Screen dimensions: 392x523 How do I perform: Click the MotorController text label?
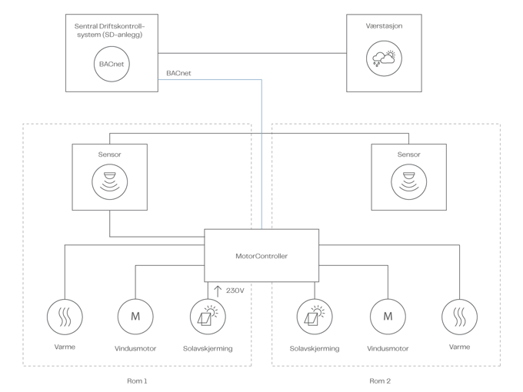pos(261,255)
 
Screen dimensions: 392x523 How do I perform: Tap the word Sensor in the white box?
pos(110,154)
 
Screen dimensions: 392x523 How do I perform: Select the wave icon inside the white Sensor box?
pos(110,181)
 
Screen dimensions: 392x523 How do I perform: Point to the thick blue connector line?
pos(262,154)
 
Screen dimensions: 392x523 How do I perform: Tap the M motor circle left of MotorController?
pos(135,316)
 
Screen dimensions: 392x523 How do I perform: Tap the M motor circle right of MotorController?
pos(388,316)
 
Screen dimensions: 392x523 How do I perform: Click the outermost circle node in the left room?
pos(64,316)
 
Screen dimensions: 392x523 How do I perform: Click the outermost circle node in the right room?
pos(459,316)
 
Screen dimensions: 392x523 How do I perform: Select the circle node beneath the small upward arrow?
pos(208,316)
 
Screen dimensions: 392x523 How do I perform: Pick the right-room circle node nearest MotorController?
pos(315,316)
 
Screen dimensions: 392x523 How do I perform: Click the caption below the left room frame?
pos(136,380)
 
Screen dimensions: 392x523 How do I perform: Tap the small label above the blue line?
pos(178,73)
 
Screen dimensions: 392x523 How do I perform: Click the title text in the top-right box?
pos(383,27)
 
